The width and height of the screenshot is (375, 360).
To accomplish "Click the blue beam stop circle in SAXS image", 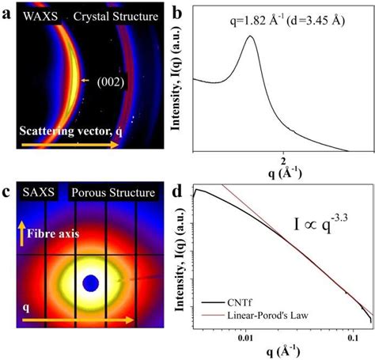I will pyautogui.click(x=91, y=282).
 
